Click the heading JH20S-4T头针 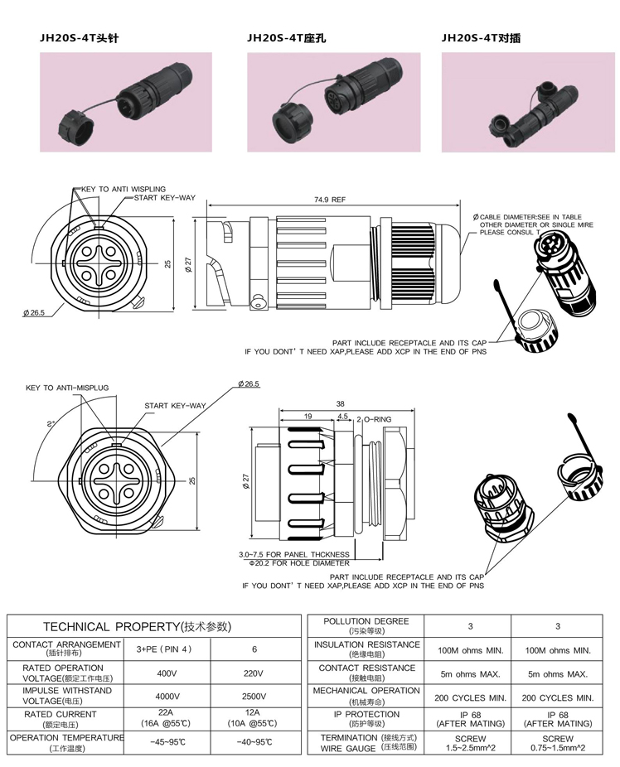(79, 38)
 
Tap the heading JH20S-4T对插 (481, 38)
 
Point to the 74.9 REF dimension (330, 200)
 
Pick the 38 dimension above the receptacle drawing (340, 404)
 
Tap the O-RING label (376, 419)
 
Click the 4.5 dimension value (343, 417)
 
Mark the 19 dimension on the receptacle (308, 417)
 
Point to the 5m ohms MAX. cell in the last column (559, 674)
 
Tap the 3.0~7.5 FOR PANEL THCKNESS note (293, 554)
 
